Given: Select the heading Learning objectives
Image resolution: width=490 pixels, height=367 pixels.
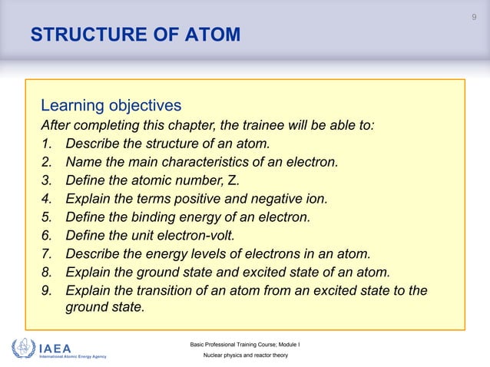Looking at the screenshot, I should [x=111, y=104].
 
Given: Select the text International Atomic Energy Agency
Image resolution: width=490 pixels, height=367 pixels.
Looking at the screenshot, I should [x=72, y=357].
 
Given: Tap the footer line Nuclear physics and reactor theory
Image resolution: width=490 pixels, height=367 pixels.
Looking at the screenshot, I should [x=244, y=358].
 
